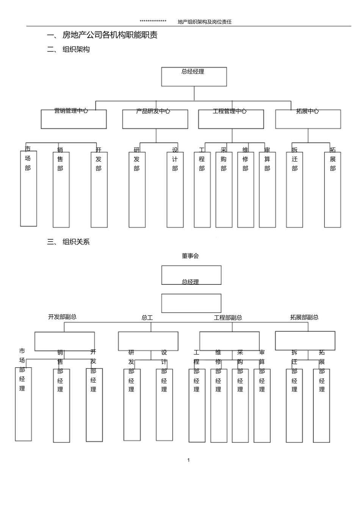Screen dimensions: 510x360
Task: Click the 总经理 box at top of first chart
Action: tap(194, 77)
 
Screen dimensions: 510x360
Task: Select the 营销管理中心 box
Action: tap(74, 119)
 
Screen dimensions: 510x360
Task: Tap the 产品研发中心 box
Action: tap(155, 119)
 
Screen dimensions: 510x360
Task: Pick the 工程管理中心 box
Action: tap(231, 119)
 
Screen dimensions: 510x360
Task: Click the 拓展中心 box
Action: tap(308, 119)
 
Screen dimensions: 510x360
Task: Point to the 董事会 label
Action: tap(190, 256)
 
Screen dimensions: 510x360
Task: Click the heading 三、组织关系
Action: tap(69, 242)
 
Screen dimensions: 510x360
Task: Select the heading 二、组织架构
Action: tap(69, 49)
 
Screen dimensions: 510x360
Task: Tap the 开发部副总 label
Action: tap(62, 317)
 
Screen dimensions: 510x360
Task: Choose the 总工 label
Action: tap(147, 317)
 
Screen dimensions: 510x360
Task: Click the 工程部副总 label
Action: tap(228, 317)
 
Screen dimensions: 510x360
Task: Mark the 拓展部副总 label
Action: tap(304, 317)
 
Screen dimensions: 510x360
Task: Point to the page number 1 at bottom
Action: tap(189, 460)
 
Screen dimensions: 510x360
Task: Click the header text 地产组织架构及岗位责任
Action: tap(205, 22)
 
